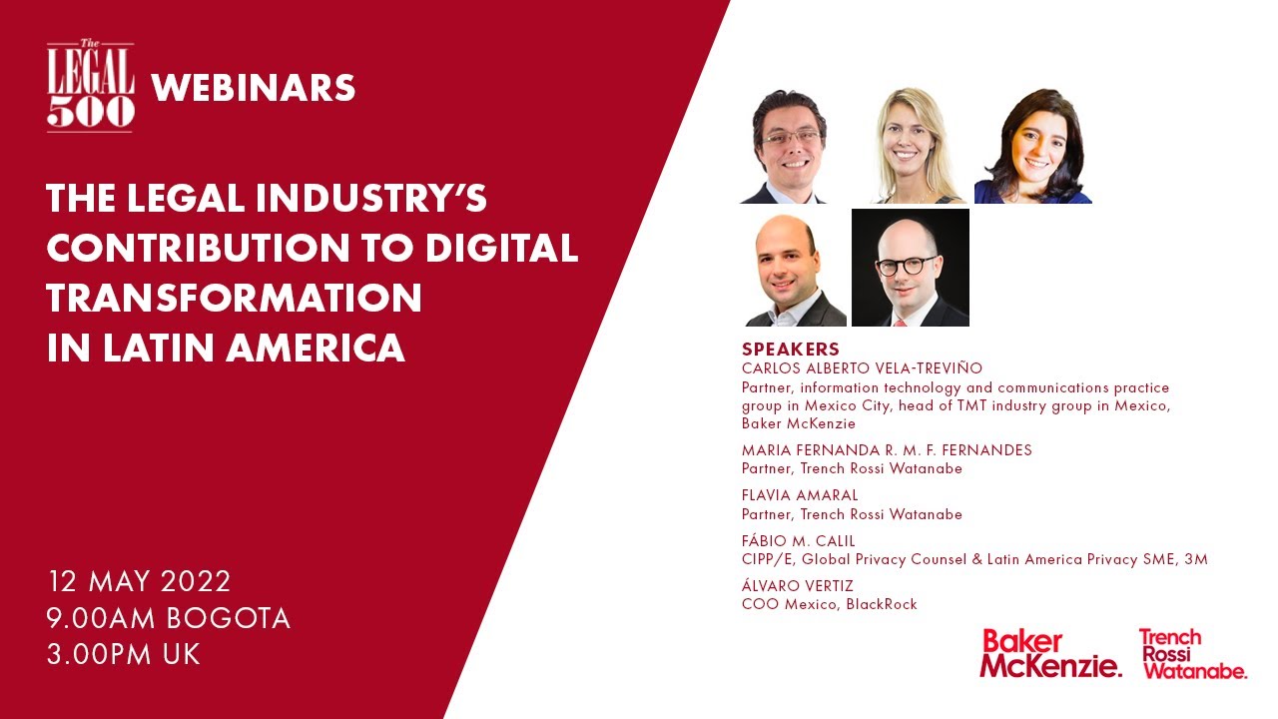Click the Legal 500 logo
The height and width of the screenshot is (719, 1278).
pyautogui.click(x=90, y=87)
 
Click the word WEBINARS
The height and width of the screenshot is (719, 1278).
pyautogui.click(x=254, y=89)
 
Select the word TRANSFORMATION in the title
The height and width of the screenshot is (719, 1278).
pyautogui.click(x=234, y=299)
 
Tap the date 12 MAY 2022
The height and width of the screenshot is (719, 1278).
pyautogui.click(x=139, y=581)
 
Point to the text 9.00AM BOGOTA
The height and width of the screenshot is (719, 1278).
pyautogui.click(x=169, y=618)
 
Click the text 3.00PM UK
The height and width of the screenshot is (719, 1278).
pyautogui.click(x=124, y=655)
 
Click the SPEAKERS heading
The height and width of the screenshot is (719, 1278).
pyautogui.click(x=790, y=350)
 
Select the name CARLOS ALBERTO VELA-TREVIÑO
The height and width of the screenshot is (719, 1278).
pyautogui.click(x=862, y=368)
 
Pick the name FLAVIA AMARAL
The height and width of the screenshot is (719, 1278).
pyautogui.click(x=800, y=495)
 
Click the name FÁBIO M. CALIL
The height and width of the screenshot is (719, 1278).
pyautogui.click(x=799, y=541)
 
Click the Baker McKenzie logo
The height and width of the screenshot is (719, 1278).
pyautogui.click(x=1050, y=654)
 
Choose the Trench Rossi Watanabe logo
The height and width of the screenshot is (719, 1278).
pyautogui.click(x=1192, y=654)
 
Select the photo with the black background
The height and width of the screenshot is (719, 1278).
pyautogui.click(x=910, y=268)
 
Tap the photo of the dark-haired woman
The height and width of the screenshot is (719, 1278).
pyautogui.click(x=1033, y=146)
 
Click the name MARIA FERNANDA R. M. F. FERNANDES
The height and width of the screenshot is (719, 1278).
pyautogui.click(x=887, y=450)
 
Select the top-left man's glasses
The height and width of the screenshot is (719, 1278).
pyautogui.click(x=790, y=137)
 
